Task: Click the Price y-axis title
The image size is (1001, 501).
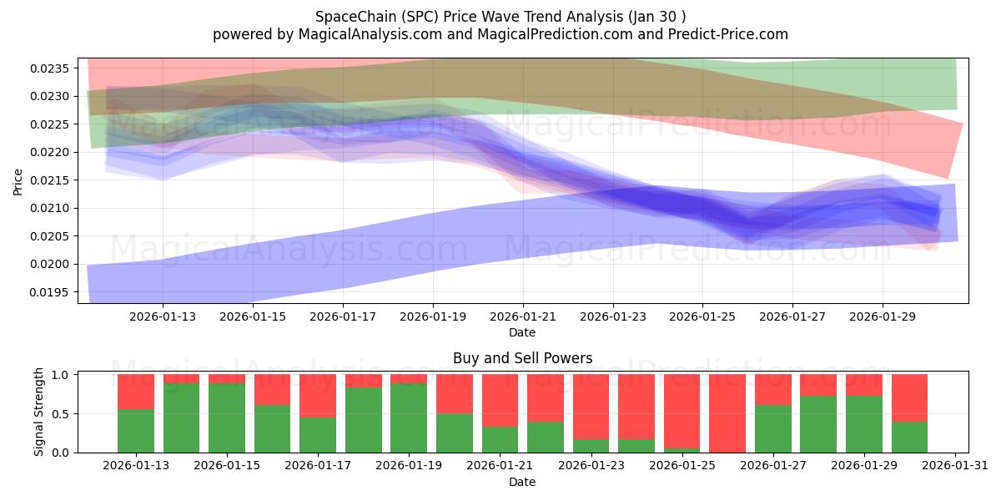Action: coord(18,180)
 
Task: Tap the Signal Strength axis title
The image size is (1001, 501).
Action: coord(39,413)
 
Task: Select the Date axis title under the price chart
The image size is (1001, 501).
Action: coord(522,332)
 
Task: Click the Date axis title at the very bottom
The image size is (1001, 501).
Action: coord(522,482)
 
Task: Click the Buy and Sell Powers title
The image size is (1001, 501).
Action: coord(522,358)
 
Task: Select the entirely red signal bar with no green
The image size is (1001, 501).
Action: coord(727,413)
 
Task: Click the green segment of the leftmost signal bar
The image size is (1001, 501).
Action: coord(135,431)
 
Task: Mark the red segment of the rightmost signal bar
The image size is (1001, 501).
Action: coord(909,397)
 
